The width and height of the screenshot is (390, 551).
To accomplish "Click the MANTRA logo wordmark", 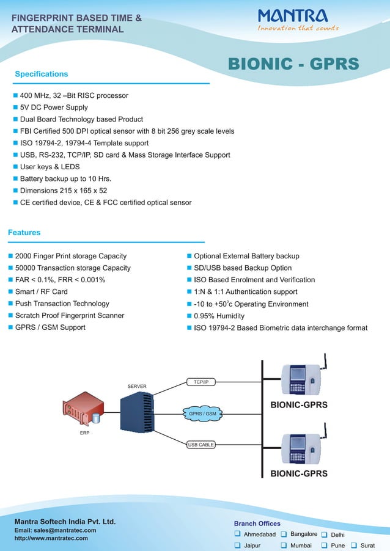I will coord(292,15).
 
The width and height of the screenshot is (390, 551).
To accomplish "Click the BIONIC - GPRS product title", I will coord(293,64).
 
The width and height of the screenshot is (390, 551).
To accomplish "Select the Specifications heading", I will coord(41,74).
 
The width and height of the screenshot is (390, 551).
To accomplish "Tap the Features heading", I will coord(24,232).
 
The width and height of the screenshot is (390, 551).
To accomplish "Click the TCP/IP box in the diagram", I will coord(201,382).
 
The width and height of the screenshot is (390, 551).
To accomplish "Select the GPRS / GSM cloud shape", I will coord(202,414).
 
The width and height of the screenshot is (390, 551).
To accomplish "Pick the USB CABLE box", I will coord(201,445).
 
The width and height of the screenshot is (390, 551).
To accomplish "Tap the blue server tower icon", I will coord(136,412).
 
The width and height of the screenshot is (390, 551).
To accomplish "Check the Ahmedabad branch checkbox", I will coord(238,535).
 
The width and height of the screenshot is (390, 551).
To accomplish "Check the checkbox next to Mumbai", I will coord(284,546).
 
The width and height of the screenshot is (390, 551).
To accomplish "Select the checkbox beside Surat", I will coord(354,546).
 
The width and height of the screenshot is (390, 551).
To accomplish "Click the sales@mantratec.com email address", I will coord(55,530).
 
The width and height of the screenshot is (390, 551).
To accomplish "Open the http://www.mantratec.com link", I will coord(51,538).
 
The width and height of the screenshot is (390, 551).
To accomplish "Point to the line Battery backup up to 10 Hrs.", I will coord(65,178).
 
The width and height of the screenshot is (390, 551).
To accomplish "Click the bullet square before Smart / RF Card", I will coord(10,292).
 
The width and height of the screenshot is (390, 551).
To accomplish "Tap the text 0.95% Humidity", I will coord(219,316).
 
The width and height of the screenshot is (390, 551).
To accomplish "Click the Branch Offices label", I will coord(257,524).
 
